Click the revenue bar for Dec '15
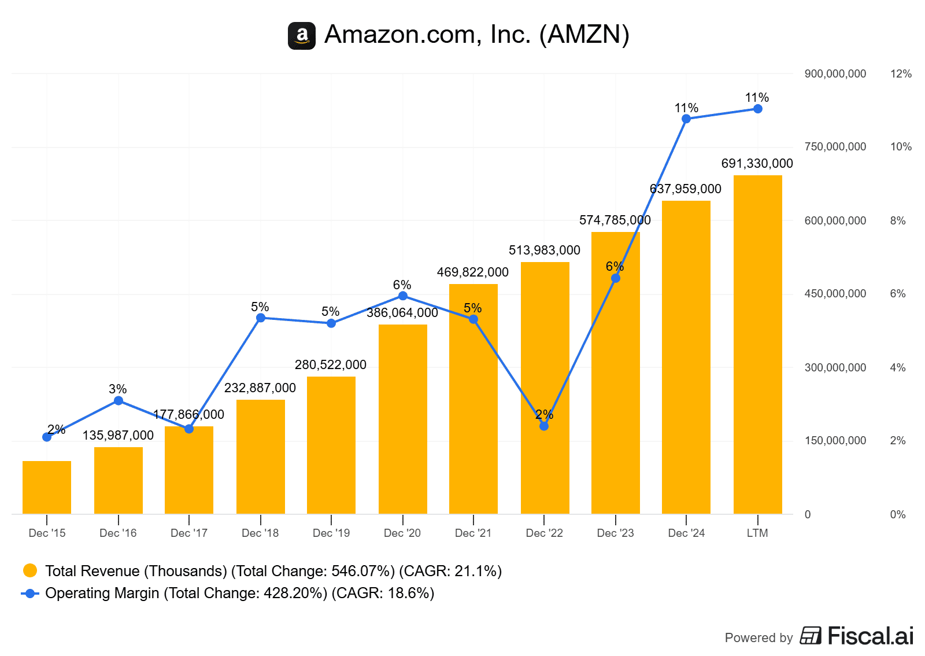[x=47, y=487]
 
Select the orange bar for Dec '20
[x=403, y=419]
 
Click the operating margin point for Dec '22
[x=544, y=426]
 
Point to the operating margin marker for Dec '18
[x=261, y=318]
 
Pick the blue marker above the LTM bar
[x=758, y=109]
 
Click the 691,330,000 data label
[x=757, y=164]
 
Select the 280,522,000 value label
[x=331, y=365]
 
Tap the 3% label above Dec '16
[x=118, y=389]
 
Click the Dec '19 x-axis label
[x=331, y=533]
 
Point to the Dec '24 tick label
[x=686, y=533]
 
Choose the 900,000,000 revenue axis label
[x=835, y=74]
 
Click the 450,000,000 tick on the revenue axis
[x=835, y=294]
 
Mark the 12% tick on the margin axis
[x=901, y=74]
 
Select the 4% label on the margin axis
[x=898, y=368]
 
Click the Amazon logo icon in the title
[x=302, y=36]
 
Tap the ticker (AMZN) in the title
[x=584, y=35]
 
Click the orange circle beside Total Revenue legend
[x=30, y=571]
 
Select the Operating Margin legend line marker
[x=30, y=594]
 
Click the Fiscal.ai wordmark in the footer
[x=870, y=636]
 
